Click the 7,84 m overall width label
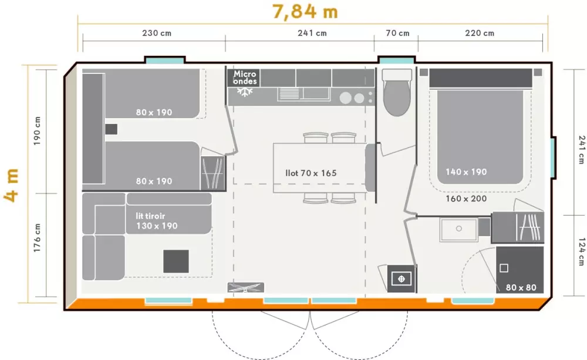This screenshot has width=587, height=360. click(x=305, y=11)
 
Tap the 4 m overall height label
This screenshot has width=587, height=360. click(x=11, y=186)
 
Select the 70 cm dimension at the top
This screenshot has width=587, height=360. click(x=397, y=33)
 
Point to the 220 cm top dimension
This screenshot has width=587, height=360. click(x=480, y=33)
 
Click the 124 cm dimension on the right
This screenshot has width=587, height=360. click(x=581, y=252)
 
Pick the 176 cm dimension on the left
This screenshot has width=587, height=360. click(x=37, y=238)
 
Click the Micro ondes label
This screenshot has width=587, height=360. click(x=245, y=78)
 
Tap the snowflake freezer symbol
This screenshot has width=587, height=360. click(x=245, y=92)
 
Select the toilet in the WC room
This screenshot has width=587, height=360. click(x=397, y=92)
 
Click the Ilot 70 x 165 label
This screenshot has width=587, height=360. click(x=311, y=173)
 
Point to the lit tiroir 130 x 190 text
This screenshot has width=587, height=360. click(x=157, y=221)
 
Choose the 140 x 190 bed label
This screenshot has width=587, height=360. click(x=466, y=172)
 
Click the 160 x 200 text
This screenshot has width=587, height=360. click(x=466, y=198)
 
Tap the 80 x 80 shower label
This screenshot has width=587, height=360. click(x=521, y=287)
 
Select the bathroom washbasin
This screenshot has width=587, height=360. click(x=458, y=229)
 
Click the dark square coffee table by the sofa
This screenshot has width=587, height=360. click(x=176, y=261)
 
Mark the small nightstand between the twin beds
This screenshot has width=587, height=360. click(x=111, y=129)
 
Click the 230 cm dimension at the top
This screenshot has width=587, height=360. click(x=157, y=33)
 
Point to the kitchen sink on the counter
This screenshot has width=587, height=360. click(x=303, y=94)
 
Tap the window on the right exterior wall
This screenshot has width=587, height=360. click(x=553, y=158)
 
